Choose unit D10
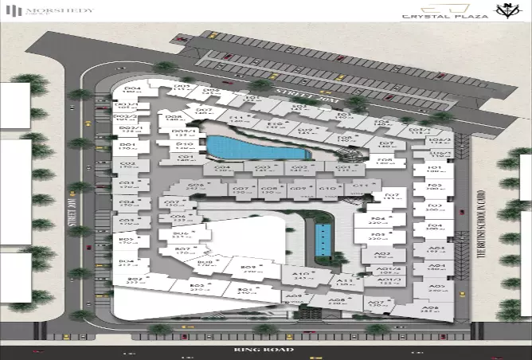184,146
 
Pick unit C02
127,165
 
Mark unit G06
196,187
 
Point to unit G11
360,188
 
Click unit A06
430,309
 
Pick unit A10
300,276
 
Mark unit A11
344,282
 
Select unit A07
374,303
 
